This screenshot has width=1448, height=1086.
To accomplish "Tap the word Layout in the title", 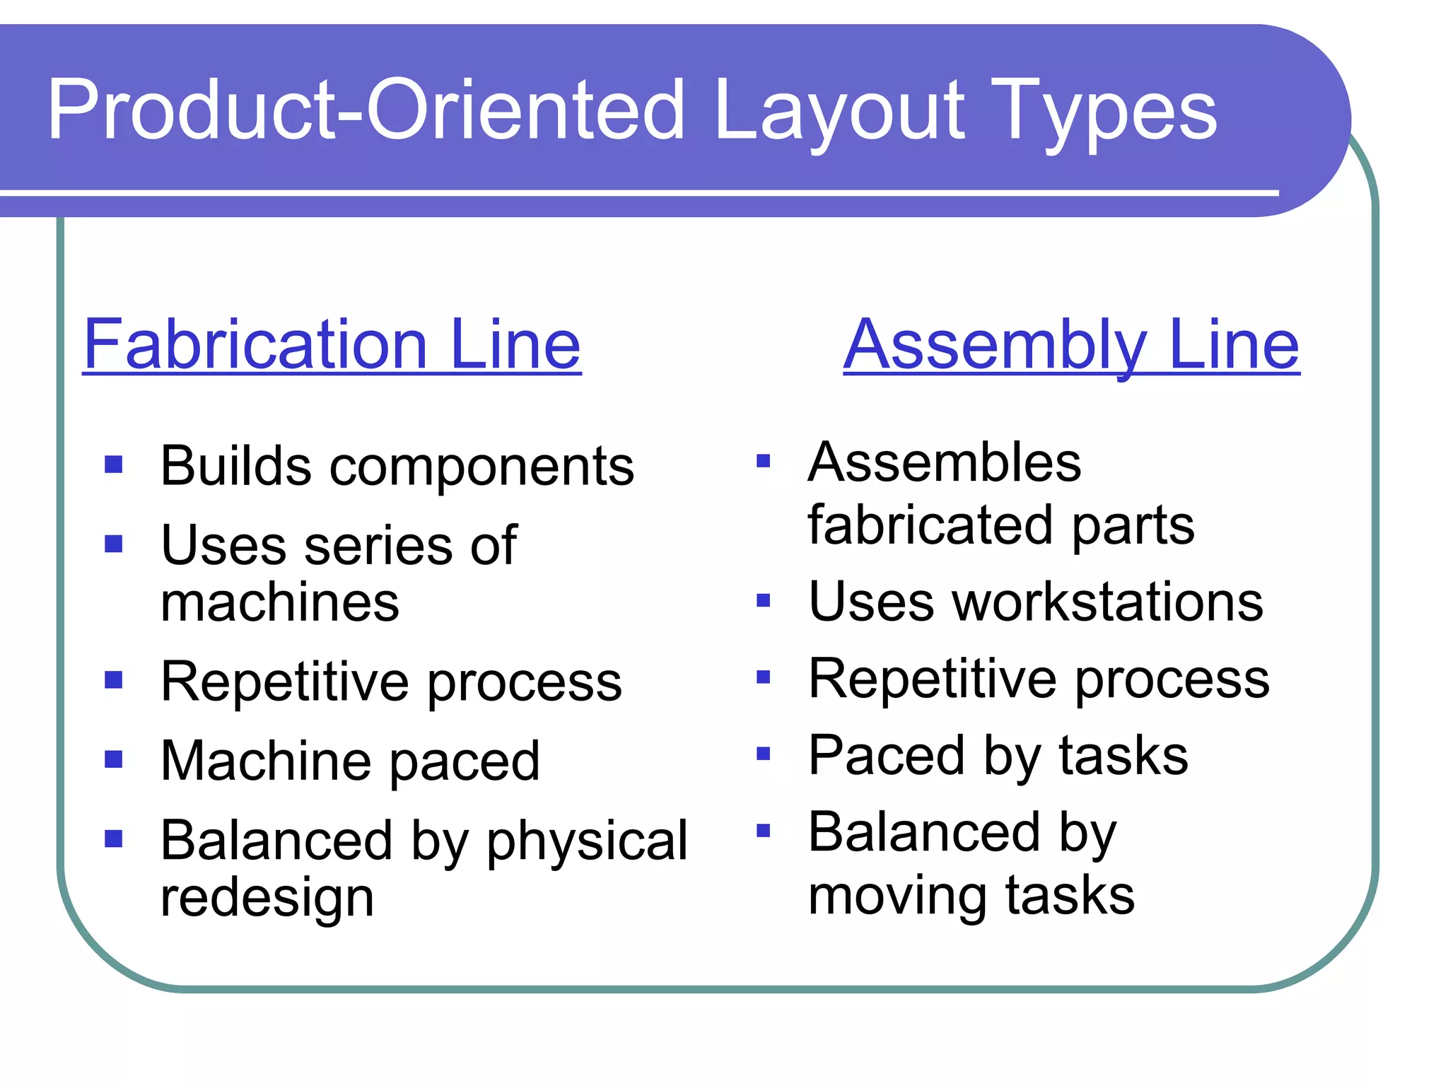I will [x=839, y=112].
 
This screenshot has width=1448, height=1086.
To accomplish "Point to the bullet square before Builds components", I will [x=113, y=465].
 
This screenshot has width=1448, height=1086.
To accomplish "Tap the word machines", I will [x=280, y=602].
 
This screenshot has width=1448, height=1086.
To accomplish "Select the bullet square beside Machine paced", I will [x=113, y=759].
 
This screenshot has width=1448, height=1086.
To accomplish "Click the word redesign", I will [x=267, y=898].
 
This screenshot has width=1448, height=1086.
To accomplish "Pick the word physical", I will [x=586, y=841].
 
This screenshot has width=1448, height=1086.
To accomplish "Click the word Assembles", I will [x=944, y=462].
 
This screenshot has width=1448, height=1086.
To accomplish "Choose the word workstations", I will [x=1108, y=602].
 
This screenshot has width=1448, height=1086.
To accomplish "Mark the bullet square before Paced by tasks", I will [x=763, y=754].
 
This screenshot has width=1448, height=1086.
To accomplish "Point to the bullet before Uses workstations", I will [x=763, y=601].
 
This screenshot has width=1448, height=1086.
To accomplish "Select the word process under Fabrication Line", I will [x=525, y=683].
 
